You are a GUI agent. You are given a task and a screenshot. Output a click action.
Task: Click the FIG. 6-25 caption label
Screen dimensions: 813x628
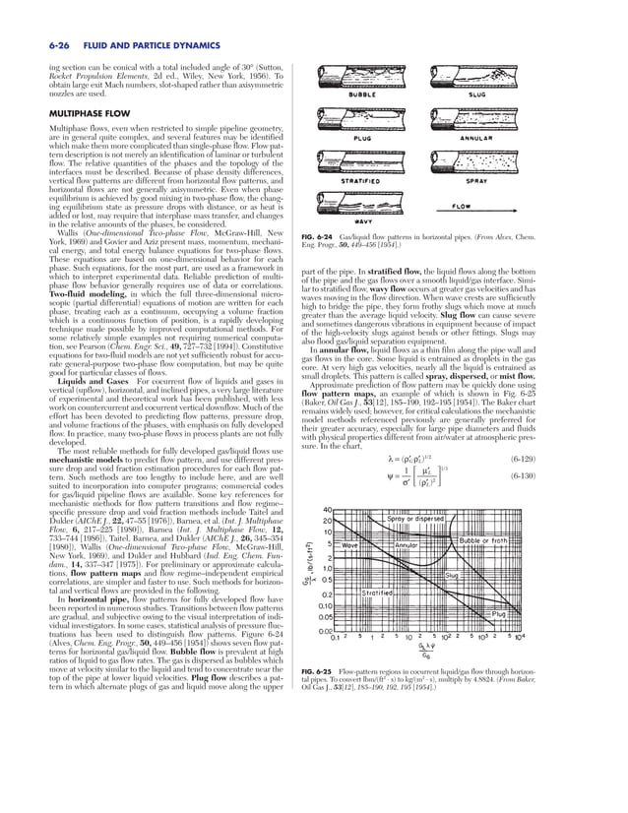tap(340, 671)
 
